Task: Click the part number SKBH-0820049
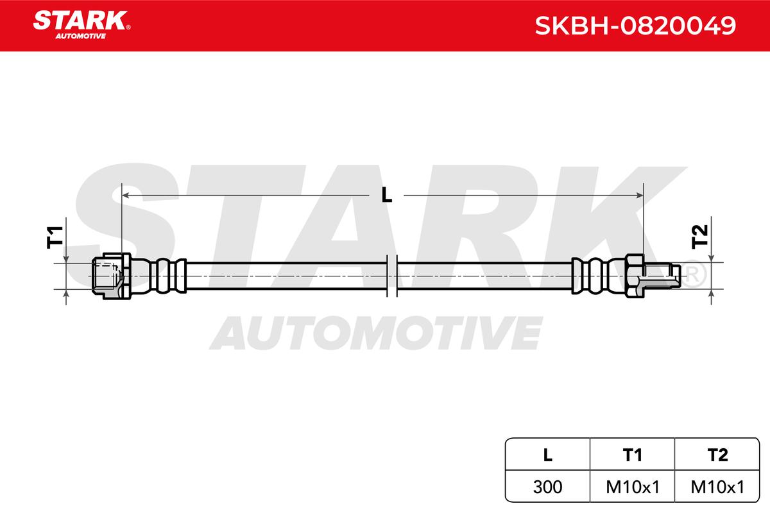pyautogui.click(x=635, y=26)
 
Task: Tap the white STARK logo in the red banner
pyautogui.click(x=81, y=21)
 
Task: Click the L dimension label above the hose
pyautogui.click(x=387, y=196)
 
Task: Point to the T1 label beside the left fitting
pyautogui.click(x=55, y=237)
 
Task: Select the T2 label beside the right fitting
pyautogui.click(x=699, y=237)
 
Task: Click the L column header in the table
pyautogui.click(x=547, y=455)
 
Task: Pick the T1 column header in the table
pyautogui.click(x=633, y=455)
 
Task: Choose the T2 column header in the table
pyautogui.click(x=717, y=455)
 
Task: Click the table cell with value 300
pyautogui.click(x=547, y=487)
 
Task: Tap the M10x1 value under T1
pyautogui.click(x=633, y=487)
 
